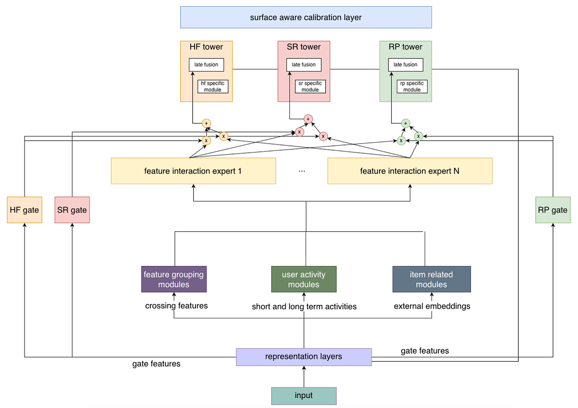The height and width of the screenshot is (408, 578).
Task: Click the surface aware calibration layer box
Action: point(305,17)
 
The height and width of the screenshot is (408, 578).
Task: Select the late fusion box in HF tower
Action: point(206,65)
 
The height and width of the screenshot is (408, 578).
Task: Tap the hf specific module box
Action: point(212,86)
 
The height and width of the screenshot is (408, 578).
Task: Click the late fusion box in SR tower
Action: point(303,65)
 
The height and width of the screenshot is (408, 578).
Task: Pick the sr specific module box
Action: point(310,86)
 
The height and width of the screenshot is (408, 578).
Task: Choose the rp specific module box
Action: point(412,86)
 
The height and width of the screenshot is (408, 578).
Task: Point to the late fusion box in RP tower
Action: point(405,65)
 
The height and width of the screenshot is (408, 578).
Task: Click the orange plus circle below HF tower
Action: point(207,123)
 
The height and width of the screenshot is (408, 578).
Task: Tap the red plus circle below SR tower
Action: point(308,118)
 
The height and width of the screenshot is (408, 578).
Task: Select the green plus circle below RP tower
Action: point(406,123)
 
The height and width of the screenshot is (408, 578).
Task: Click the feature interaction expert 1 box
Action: point(193,171)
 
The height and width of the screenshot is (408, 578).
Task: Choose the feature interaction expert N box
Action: point(410,171)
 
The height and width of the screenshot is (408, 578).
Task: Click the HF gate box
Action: point(24,210)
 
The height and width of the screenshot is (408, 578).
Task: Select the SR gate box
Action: point(72,210)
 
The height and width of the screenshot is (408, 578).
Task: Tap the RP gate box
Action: point(552,210)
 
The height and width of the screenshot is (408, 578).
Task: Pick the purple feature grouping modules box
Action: point(174,279)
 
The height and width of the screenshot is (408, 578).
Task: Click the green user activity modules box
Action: point(303,279)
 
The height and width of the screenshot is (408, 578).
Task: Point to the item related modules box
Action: point(431,279)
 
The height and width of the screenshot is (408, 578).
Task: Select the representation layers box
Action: point(303,356)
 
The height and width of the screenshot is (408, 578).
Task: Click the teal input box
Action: point(303,395)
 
